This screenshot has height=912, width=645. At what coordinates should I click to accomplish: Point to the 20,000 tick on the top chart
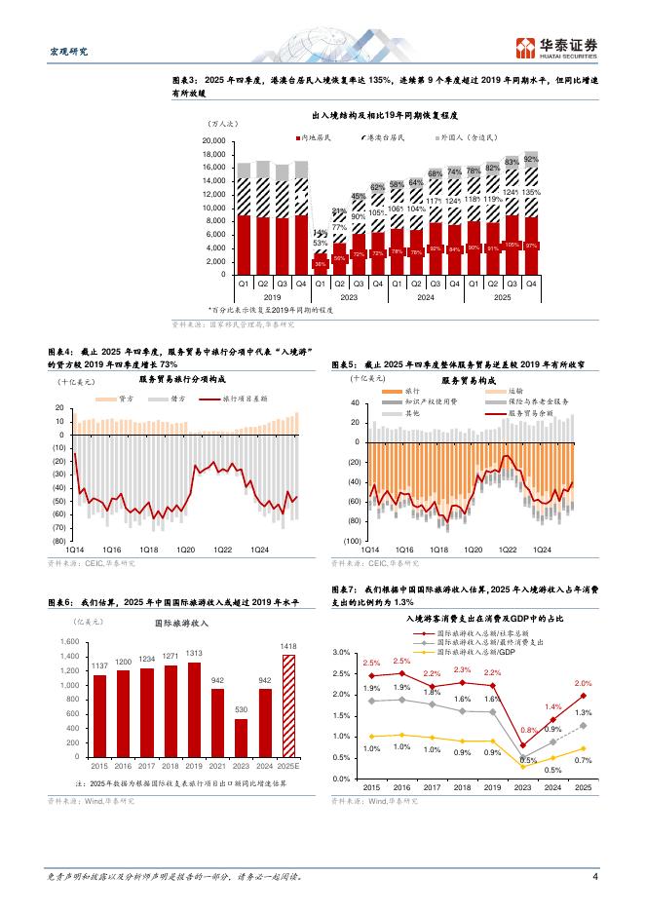tap(212, 141)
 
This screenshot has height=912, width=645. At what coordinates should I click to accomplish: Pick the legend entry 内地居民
tap(317, 138)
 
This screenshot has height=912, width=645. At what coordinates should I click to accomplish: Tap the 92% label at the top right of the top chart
tap(531, 158)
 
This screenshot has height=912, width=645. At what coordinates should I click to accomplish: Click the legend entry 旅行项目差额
tap(241, 399)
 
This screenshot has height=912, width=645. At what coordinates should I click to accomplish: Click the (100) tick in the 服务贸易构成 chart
tap(351, 540)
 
